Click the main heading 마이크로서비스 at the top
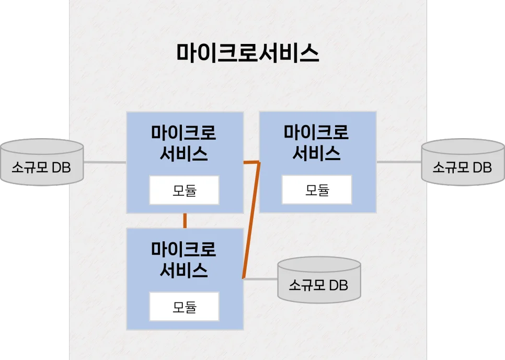[248, 53]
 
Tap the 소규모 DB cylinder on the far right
[462, 163]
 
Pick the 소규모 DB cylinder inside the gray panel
[318, 280]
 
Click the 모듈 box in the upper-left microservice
[185, 190]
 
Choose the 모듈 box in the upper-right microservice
[317, 189]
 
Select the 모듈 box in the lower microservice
[185, 307]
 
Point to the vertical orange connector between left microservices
[185, 220]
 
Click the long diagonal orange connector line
[251, 220]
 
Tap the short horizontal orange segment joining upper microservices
[251, 163]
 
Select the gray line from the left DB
[105, 163]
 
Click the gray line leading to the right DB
[399, 162]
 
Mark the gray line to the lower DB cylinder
[260, 279]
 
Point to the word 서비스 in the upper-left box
[185, 154]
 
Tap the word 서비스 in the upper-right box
[317, 153]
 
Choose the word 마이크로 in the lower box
[185, 249]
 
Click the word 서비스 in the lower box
[185, 270]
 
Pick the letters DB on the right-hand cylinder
[482, 167]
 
